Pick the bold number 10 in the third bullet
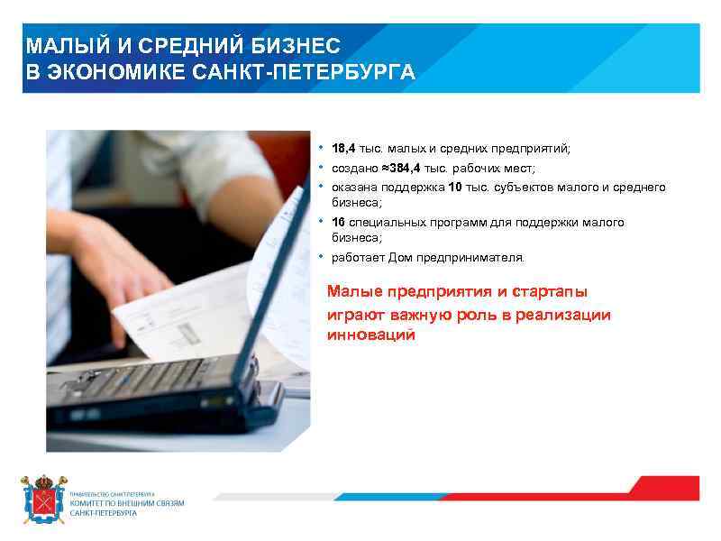(454, 187)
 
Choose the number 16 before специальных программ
(338, 222)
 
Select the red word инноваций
(370, 335)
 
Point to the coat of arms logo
(43, 500)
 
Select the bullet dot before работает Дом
(320, 256)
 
